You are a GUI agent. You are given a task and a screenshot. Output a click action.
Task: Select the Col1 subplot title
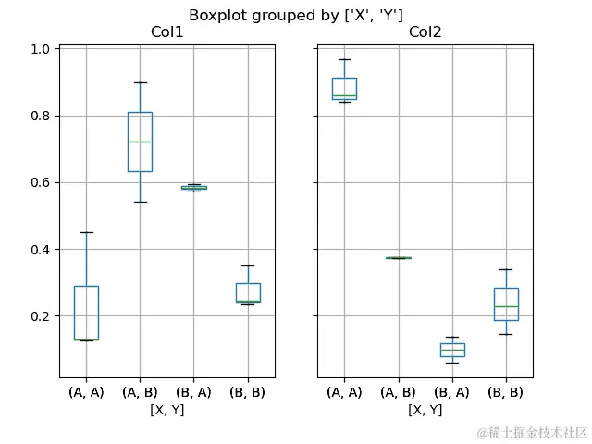[x=167, y=33]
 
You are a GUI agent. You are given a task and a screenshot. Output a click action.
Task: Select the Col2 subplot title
[x=425, y=33]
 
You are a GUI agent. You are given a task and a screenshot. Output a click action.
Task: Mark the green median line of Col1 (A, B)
[x=140, y=142]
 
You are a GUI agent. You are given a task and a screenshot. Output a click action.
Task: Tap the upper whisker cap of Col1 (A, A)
[x=86, y=232]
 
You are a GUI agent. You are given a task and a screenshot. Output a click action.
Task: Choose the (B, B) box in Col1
[x=248, y=292]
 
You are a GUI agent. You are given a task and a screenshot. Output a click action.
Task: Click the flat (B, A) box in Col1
[x=194, y=188]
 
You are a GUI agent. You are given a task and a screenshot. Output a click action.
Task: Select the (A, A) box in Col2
[x=344, y=89]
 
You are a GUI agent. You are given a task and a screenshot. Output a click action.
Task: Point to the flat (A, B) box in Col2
[x=398, y=258]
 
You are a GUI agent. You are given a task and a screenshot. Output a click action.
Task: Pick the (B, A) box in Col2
[x=452, y=350]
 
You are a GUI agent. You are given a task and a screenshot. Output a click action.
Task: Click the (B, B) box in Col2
[x=506, y=304]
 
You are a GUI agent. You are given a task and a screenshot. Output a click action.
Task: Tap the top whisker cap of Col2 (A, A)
[x=344, y=59]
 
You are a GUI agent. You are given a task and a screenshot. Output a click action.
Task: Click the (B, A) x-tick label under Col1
[x=194, y=392]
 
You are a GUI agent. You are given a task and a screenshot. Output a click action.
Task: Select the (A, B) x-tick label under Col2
[x=398, y=392]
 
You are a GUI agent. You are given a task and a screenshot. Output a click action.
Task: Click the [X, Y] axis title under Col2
[x=425, y=410]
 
